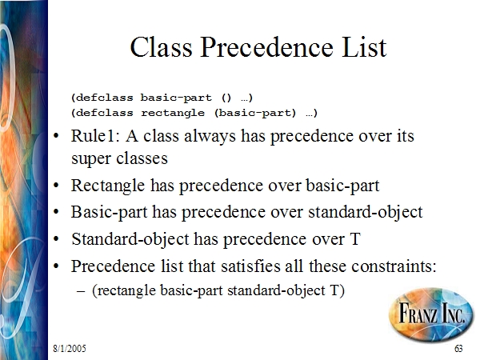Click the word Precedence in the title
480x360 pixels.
(x=266, y=47)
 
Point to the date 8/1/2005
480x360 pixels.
(x=70, y=348)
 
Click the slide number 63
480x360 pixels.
(x=458, y=348)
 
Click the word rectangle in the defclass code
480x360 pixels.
(x=173, y=113)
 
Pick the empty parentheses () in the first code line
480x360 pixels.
(x=226, y=98)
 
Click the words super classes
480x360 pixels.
(x=119, y=159)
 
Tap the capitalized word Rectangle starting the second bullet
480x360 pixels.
(x=108, y=186)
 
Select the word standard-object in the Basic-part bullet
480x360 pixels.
(x=366, y=213)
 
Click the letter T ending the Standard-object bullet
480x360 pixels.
(x=355, y=238)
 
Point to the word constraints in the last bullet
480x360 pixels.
(x=394, y=266)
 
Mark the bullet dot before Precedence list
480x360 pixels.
(x=56, y=266)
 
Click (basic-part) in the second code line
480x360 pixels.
(x=255, y=113)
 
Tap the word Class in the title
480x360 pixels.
(x=161, y=47)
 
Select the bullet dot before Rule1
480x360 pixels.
(x=56, y=136)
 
